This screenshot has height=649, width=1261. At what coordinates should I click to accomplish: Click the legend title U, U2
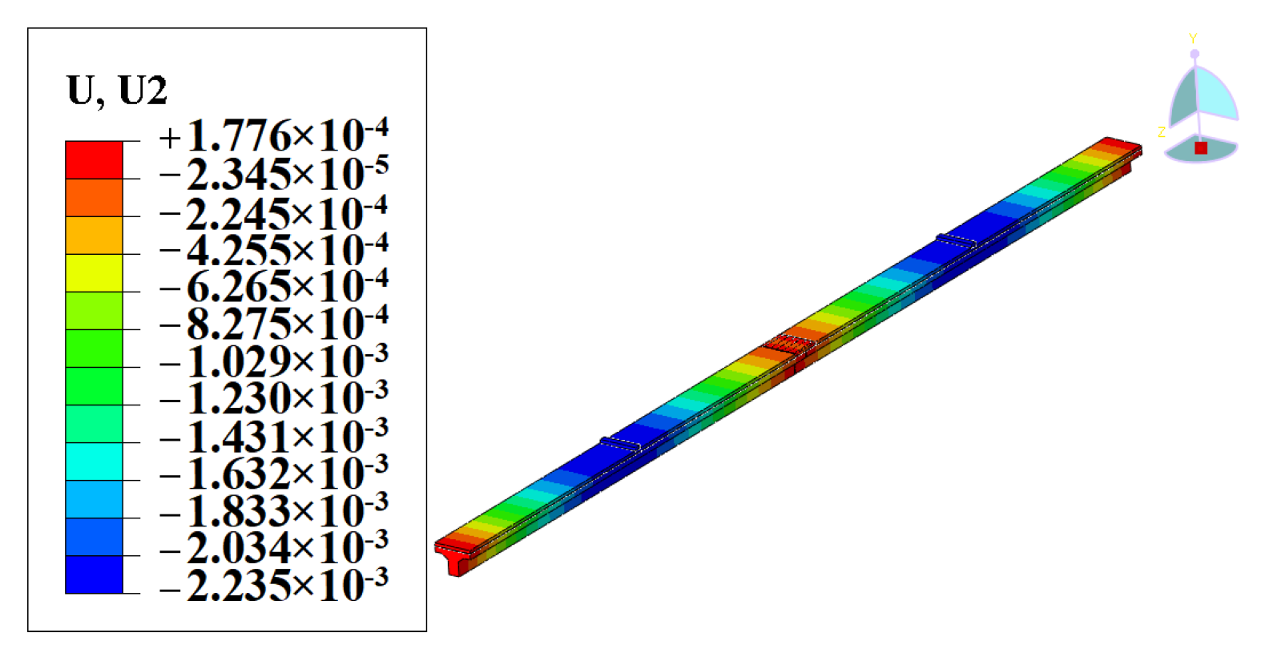(117, 90)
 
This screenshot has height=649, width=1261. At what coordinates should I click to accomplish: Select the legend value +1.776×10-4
(273, 136)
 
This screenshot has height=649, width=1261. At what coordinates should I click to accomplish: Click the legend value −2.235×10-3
(273, 586)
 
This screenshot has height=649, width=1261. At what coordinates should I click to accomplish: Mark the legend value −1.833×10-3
(273, 511)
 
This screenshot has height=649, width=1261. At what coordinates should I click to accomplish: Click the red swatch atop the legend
(94, 159)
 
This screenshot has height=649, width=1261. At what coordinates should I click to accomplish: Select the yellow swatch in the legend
(94, 272)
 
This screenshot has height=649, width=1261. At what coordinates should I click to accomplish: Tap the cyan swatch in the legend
(94, 461)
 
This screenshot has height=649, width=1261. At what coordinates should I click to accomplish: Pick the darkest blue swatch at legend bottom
(94, 574)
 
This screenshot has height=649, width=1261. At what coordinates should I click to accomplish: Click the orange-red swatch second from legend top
(94, 197)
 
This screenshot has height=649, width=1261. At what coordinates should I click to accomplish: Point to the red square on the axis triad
(1200, 148)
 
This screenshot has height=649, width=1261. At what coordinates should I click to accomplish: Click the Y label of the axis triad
(1193, 38)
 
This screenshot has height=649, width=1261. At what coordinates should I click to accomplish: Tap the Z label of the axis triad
(1161, 132)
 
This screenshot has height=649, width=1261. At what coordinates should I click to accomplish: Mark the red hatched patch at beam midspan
(788, 344)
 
